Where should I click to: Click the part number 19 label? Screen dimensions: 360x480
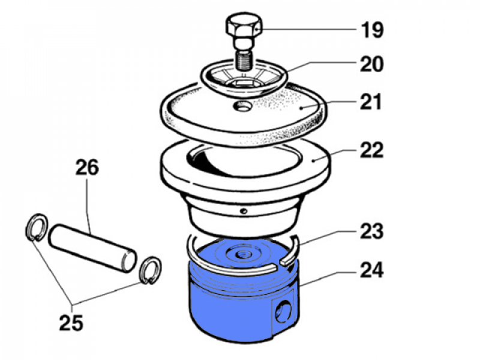pyautogui.click(x=372, y=29)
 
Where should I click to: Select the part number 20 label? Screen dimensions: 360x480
pyautogui.click(x=371, y=64)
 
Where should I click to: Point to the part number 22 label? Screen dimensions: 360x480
pyautogui.click(x=371, y=150)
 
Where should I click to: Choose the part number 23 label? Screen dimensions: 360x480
pyautogui.click(x=371, y=230)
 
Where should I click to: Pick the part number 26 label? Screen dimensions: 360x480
pyautogui.click(x=86, y=167)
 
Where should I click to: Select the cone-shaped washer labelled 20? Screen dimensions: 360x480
pyautogui.click(x=243, y=78)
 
